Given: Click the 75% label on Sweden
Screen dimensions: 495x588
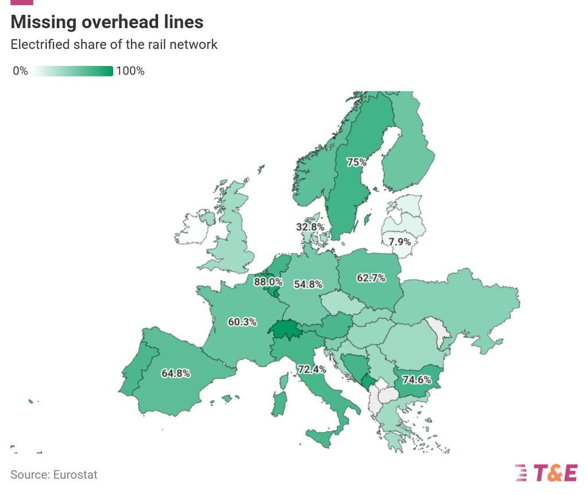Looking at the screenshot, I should (356, 162).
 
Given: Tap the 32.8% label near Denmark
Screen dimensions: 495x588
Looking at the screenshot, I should (310, 227).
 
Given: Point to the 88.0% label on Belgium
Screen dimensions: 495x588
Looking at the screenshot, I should (268, 282).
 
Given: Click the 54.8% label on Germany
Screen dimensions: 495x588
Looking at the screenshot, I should (308, 284).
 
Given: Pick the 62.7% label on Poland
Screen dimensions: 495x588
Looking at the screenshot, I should (371, 279).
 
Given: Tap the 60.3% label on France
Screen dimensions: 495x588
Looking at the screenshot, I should (242, 322).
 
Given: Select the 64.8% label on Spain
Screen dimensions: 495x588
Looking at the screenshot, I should (176, 373).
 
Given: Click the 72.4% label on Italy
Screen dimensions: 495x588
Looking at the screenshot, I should (312, 369).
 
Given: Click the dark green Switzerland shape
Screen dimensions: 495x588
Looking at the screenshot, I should (287, 331).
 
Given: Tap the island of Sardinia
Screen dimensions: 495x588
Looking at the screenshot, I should (279, 404).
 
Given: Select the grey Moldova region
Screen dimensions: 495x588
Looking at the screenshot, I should (440, 332).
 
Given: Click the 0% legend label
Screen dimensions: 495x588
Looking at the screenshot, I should (20, 71).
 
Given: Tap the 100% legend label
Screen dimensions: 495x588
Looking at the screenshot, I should (130, 71).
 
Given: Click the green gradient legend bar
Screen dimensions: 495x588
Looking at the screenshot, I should (73, 71).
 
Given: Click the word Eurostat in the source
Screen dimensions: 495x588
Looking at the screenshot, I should (75, 475).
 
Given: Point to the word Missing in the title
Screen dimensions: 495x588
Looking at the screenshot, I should (42, 22).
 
